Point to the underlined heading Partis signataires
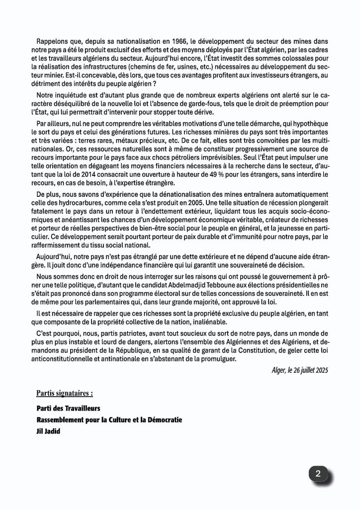tap(64, 393)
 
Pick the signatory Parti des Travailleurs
tap(68, 408)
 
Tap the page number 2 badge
tap(318, 475)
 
